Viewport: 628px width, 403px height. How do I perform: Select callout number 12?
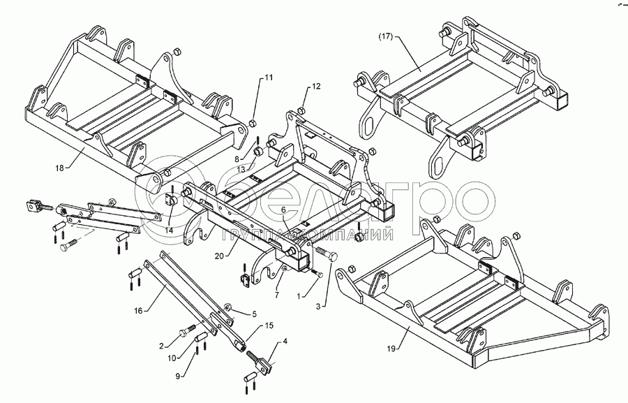(316, 87)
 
